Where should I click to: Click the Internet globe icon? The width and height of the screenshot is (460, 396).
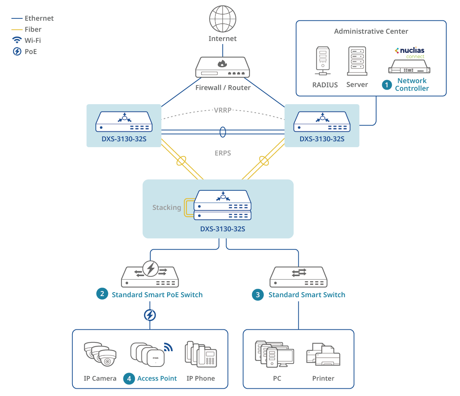click(x=222, y=19)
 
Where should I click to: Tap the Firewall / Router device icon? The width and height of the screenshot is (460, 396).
click(x=222, y=68)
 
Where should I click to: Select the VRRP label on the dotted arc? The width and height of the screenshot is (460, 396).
click(x=223, y=110)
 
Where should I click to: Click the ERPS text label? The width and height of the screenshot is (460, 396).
click(x=223, y=153)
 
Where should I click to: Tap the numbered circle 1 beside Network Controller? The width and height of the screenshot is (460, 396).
click(x=387, y=85)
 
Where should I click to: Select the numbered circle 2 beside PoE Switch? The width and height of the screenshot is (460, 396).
click(x=102, y=294)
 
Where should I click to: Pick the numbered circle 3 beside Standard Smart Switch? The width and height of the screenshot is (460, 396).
click(x=258, y=295)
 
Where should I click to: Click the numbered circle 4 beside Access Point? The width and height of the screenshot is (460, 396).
click(x=129, y=378)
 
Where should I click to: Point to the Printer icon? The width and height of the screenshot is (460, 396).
click(x=323, y=355)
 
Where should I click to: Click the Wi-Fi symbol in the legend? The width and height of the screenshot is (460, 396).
click(x=17, y=40)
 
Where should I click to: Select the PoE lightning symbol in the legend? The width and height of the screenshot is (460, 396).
click(x=17, y=51)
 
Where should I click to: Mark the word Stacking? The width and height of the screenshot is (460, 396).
click(x=167, y=208)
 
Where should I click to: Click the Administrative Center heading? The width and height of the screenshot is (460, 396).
click(x=371, y=31)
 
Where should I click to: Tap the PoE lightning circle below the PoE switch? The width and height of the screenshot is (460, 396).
click(x=150, y=315)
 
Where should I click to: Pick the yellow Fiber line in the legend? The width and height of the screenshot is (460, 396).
click(x=17, y=29)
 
